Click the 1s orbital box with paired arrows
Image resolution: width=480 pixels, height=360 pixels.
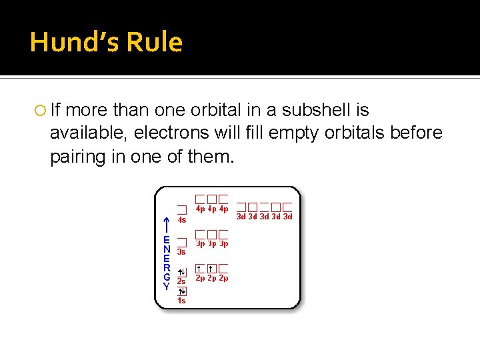[181, 291]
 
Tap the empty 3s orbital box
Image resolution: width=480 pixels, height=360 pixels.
[181, 243]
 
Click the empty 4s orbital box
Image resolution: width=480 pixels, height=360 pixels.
[181, 209]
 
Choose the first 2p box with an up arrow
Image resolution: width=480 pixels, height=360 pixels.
[200, 268]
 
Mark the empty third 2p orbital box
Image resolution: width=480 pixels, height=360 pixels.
[223, 268]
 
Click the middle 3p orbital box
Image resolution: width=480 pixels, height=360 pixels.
[212, 235]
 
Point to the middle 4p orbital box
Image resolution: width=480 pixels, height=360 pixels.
[212, 199]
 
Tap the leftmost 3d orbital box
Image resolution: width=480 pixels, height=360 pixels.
[242, 207]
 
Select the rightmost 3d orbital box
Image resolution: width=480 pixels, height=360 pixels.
[287, 207]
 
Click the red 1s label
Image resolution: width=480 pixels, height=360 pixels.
[181, 301]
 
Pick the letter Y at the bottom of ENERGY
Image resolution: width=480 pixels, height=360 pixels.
[167, 285]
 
